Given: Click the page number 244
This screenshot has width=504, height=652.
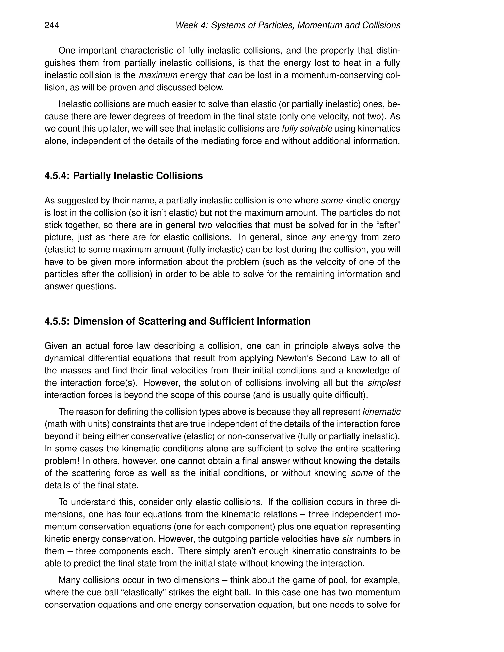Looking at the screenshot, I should pyautogui.click(x=52, y=25).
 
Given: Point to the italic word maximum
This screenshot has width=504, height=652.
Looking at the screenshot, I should pyautogui.click(x=158, y=75).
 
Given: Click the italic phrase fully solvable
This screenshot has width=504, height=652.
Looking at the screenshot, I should pyautogui.click(x=307, y=129).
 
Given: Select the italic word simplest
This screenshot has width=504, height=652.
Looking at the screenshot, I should pyautogui.click(x=384, y=383).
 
